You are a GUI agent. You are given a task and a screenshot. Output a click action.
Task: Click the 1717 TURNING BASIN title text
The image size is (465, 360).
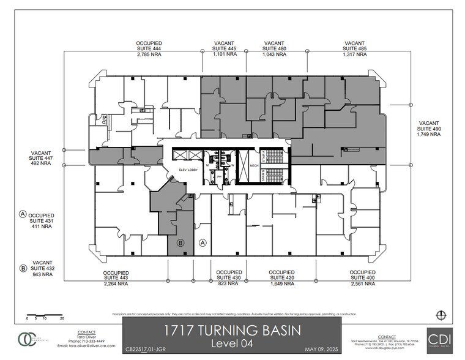(x=232, y=331)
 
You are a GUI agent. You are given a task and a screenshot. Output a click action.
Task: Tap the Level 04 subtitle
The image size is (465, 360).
(x=232, y=345)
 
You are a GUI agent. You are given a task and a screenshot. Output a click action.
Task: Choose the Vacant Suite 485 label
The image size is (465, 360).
(x=354, y=49)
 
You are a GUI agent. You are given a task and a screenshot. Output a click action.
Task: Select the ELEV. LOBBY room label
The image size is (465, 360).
(x=187, y=168)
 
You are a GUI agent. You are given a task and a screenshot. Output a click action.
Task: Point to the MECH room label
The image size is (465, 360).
(x=253, y=165)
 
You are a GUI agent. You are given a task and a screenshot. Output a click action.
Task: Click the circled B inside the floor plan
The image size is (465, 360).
(x=180, y=243)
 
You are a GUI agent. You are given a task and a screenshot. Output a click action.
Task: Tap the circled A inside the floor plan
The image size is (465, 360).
(x=203, y=243)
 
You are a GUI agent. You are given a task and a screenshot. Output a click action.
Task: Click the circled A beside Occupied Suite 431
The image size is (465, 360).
(x=23, y=214)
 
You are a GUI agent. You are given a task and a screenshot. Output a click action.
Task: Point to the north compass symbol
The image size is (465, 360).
(x=439, y=315)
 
